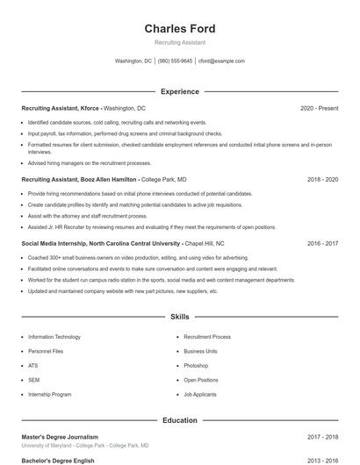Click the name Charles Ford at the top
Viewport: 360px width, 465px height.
[x=179, y=28]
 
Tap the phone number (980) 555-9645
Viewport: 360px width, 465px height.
[x=175, y=61]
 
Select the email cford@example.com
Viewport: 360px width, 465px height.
[x=221, y=61]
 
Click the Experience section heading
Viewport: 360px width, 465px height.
[x=179, y=91]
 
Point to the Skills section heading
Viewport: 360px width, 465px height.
[x=179, y=316]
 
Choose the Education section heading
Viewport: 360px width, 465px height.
[x=179, y=420]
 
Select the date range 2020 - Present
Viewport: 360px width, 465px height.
[x=319, y=108]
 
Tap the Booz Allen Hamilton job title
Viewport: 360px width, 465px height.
[x=80, y=179]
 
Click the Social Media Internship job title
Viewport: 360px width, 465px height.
[x=101, y=243]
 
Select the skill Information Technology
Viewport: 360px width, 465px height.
[x=54, y=337]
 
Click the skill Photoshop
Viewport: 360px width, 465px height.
[x=196, y=366]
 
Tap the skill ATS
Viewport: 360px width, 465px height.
[x=33, y=366]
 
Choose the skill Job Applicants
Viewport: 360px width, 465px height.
[x=200, y=395]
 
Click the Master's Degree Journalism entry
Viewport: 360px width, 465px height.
[x=60, y=436]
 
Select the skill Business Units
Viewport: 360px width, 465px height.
[x=200, y=351]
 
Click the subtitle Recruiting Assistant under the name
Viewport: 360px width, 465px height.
[x=179, y=42]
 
